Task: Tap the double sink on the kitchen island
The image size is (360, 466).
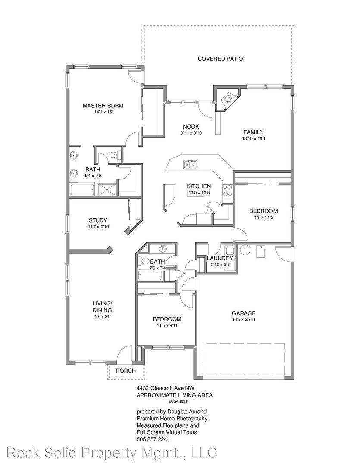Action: coord(190,164)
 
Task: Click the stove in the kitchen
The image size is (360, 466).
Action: coord(227,191)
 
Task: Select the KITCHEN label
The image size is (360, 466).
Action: coord(198,186)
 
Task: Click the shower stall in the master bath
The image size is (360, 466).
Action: coord(106,189)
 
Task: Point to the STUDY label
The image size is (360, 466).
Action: coord(98,220)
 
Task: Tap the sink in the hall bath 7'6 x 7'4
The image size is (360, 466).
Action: coord(163,249)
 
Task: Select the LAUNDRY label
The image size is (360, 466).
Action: coord(220,258)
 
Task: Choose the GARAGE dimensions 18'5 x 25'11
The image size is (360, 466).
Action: coord(244,320)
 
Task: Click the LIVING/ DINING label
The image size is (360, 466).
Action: coord(102,306)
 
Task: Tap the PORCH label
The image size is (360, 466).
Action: coord(126,371)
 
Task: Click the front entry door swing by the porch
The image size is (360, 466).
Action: coord(126,353)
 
